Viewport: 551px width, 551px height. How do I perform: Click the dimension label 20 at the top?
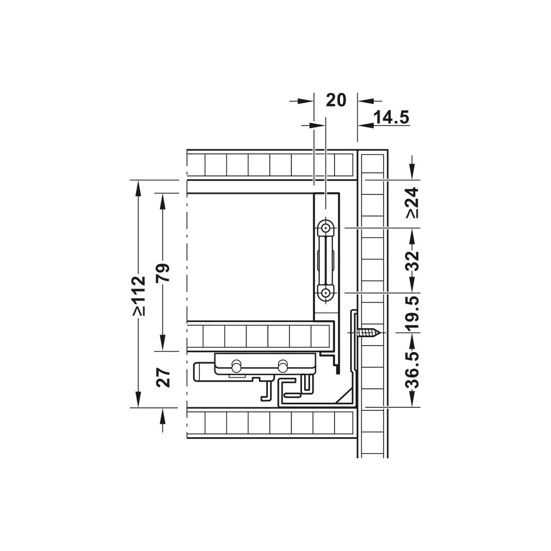(336, 100)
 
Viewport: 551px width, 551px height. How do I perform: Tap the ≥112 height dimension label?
(139, 296)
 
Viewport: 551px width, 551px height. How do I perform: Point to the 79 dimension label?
(164, 272)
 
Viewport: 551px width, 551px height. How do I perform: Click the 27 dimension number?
(164, 378)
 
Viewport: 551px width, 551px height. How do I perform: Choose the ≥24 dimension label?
(413, 203)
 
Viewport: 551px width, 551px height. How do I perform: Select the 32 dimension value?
(413, 260)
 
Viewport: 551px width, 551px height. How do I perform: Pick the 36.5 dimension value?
(413, 369)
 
